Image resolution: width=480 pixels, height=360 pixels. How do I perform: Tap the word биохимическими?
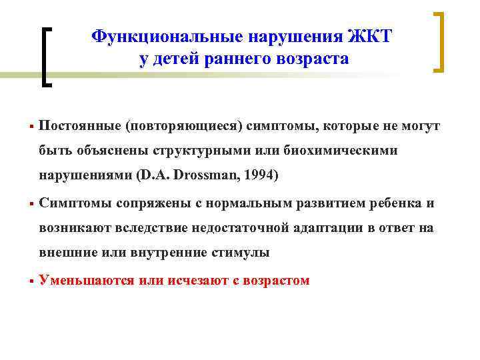(349, 151)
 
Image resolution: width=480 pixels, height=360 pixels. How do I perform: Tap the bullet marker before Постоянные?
(31, 126)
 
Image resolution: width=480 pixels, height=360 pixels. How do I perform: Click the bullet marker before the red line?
(31, 281)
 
